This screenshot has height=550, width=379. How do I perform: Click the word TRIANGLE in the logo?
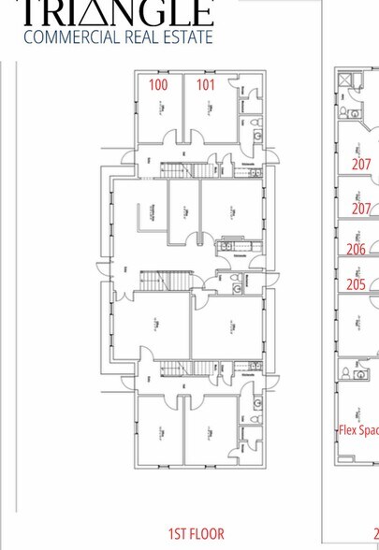point(116,11)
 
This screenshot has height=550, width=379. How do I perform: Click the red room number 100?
point(158,85)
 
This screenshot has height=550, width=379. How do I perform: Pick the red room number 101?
point(205,85)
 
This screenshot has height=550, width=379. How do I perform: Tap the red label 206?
point(356,250)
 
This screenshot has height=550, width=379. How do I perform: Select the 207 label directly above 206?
point(361,209)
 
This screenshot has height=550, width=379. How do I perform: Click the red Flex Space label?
point(358,431)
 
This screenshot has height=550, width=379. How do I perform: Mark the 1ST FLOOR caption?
point(197,534)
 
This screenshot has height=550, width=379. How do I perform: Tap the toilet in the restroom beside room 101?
point(257,123)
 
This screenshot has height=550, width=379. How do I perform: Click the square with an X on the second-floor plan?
point(344,80)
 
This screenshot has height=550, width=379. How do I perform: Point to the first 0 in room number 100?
point(158,85)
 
